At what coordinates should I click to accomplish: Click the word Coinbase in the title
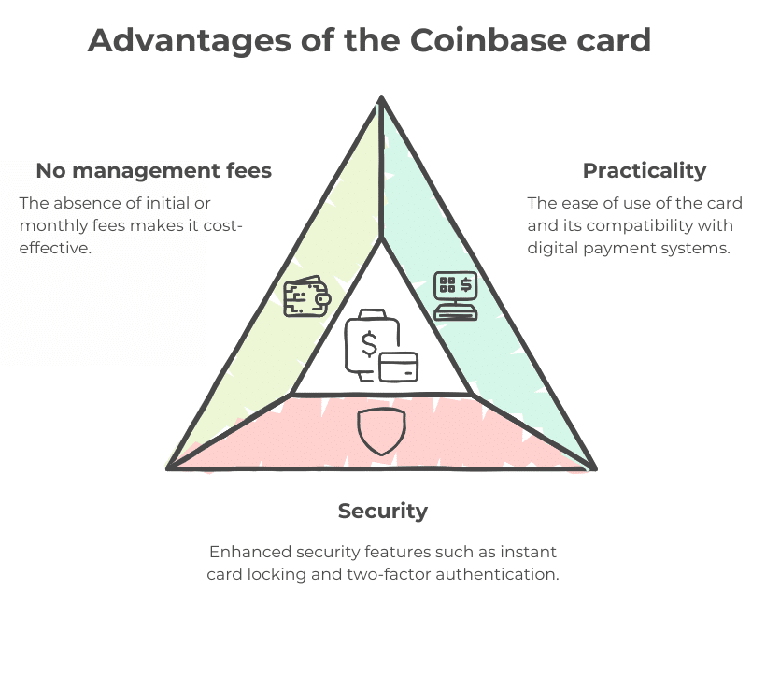[x=488, y=40]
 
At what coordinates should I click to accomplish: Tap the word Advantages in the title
[x=190, y=41]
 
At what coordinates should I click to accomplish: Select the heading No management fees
[x=154, y=171]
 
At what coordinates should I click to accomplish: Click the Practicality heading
[x=645, y=171]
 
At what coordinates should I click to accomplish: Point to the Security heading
[x=383, y=512]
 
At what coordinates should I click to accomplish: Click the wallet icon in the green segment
[x=307, y=296]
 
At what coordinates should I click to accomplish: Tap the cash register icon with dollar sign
[x=455, y=296]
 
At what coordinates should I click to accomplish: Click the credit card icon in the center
[x=399, y=367]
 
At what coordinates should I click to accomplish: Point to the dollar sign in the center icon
[x=369, y=344]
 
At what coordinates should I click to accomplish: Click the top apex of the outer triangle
[x=381, y=98]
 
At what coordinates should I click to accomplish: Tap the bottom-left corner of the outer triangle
[x=168, y=469]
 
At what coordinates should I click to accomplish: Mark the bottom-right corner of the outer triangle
[x=595, y=469]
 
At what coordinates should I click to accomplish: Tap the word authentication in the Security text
[x=497, y=574]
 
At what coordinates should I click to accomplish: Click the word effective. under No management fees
[x=55, y=248]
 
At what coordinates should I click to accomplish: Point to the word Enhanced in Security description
[x=250, y=552]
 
